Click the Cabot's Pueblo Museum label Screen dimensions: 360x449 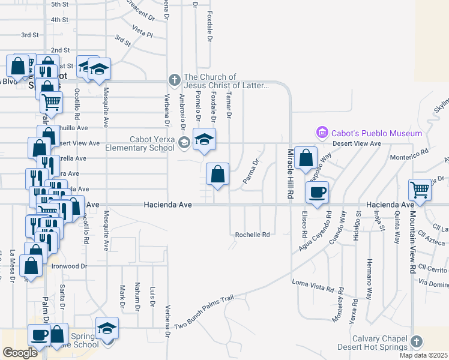pyautogui.click(x=375, y=133)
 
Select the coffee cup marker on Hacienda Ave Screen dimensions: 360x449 pyautogui.click(x=317, y=192)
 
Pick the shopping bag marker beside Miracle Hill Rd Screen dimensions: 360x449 pyautogui.click(x=306, y=158)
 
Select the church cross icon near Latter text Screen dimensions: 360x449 pyautogui.click(x=174, y=79)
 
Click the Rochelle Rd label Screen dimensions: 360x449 pyautogui.click(x=252, y=235)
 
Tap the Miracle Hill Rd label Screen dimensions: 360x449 pyautogui.click(x=290, y=174)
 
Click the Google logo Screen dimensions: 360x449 pyautogui.click(x=20, y=353)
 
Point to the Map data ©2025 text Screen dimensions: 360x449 pyautogui.click(x=423, y=355)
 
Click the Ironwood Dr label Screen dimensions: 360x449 pyautogui.click(x=69, y=266)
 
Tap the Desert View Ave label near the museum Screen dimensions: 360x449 pyautogui.click(x=359, y=143)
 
